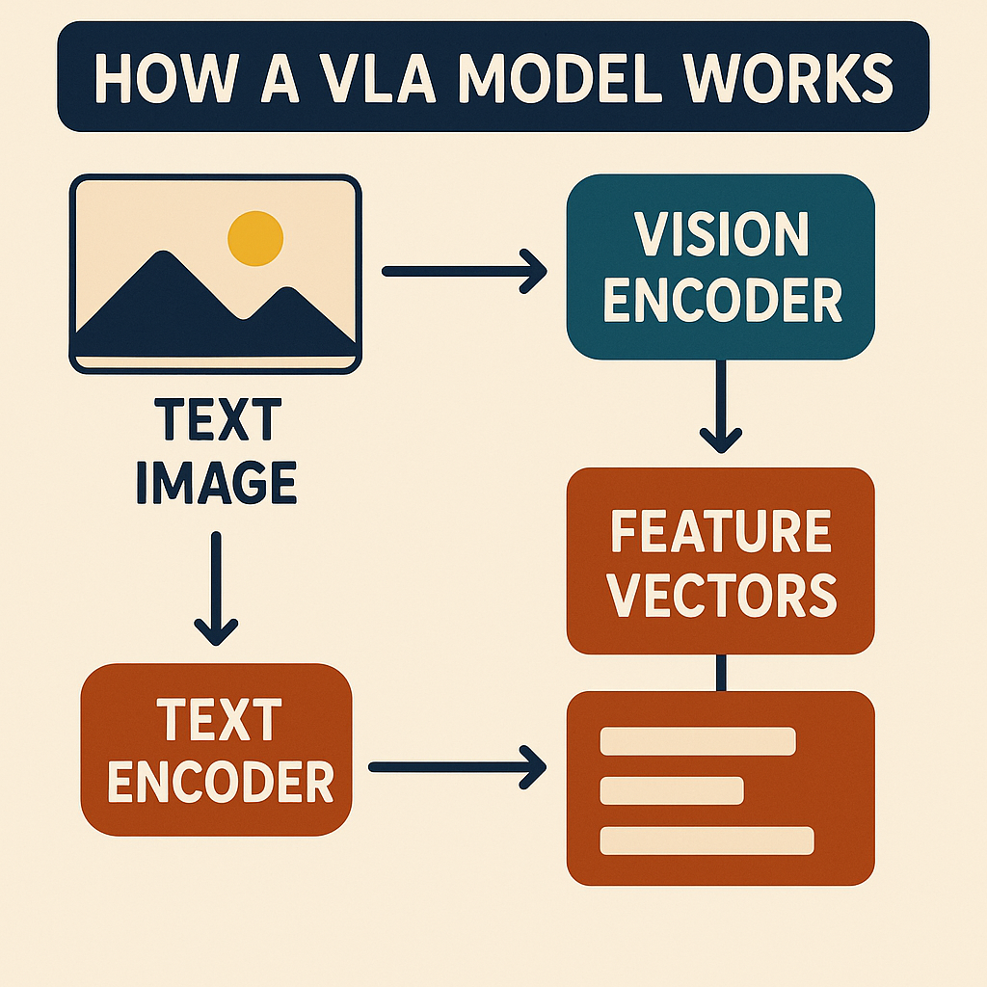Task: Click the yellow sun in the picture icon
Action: [x=255, y=237]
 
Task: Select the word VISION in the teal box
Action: [x=720, y=234]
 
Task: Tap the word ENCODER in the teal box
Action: [x=720, y=301]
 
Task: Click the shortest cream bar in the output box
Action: [x=672, y=790]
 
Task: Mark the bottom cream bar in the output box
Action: [x=707, y=840]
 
